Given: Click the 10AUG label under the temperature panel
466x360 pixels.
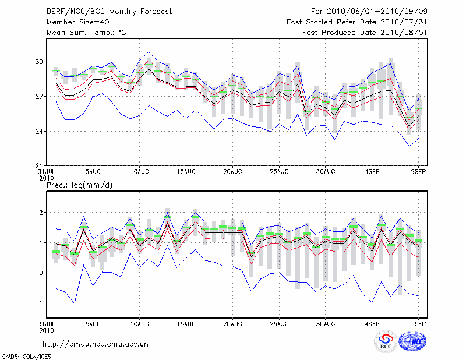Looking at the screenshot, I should pos(139,171).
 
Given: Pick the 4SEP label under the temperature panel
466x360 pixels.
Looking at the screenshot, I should pos(372,171).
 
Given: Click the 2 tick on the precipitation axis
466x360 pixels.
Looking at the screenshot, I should pos(41,213).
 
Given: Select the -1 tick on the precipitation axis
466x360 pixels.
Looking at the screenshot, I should pos(40,303).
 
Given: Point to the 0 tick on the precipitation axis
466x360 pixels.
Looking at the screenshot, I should pos(41,273).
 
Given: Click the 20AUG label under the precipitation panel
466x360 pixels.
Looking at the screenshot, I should pos(232,324).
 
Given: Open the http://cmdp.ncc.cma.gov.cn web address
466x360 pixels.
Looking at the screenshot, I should pos(96,344).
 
